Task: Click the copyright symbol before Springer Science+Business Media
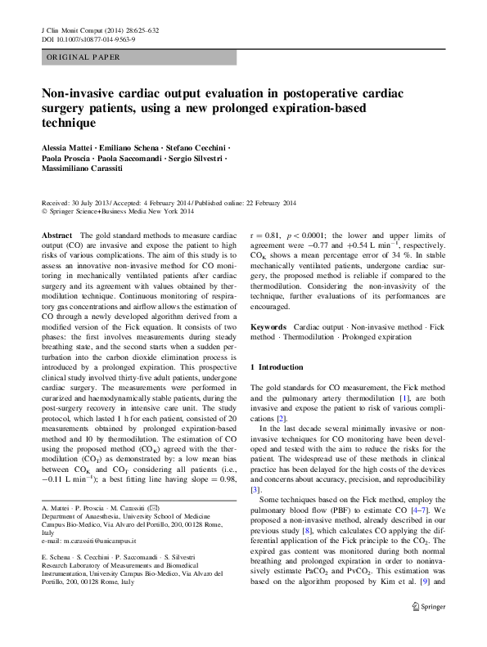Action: pos(44,211)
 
